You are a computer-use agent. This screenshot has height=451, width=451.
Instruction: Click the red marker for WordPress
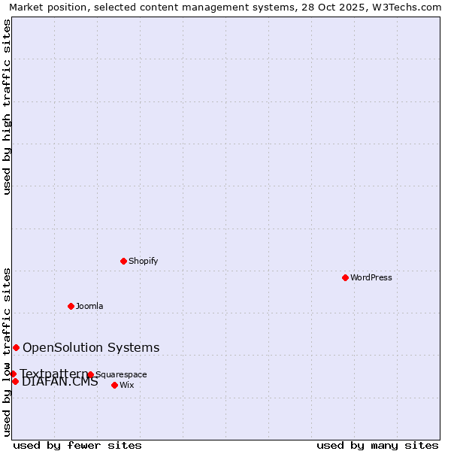click(x=345, y=277)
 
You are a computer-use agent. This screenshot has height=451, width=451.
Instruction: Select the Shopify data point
click(x=123, y=261)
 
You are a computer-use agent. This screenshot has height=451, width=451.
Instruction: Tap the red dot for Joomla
click(x=71, y=306)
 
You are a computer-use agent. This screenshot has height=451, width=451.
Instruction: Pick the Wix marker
click(x=114, y=385)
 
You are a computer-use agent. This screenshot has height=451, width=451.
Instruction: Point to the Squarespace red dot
click(x=90, y=374)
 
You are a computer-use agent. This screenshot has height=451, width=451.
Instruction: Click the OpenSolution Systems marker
click(x=16, y=347)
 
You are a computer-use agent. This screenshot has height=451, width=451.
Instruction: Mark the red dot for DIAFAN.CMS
click(x=15, y=381)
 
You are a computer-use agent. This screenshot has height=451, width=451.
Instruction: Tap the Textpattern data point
click(x=13, y=374)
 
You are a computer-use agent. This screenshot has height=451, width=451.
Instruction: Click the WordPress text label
click(x=371, y=277)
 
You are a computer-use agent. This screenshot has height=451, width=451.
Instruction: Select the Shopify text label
click(x=143, y=261)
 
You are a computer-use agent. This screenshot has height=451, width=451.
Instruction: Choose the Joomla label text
click(x=89, y=306)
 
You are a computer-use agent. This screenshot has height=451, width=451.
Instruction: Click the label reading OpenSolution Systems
click(x=91, y=347)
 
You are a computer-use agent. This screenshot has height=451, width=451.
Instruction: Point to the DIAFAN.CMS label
click(x=60, y=382)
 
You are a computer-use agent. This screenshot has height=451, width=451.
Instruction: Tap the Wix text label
click(x=126, y=385)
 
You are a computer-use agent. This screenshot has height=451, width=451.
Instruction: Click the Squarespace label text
click(x=121, y=374)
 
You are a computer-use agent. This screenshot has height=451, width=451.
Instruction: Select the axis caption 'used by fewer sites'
click(x=77, y=445)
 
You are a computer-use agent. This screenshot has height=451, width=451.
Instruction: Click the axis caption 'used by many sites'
click(x=377, y=445)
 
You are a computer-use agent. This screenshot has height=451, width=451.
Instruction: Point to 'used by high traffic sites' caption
click(x=7, y=107)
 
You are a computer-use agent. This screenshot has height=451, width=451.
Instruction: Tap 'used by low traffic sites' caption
click(x=7, y=352)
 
